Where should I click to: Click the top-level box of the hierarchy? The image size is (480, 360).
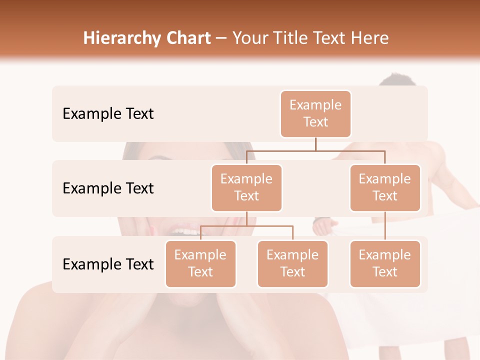click(x=315, y=113)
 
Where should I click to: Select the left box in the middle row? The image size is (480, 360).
click(x=246, y=187)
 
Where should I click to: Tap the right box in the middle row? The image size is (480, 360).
click(x=385, y=187)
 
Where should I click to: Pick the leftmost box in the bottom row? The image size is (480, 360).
click(x=200, y=263)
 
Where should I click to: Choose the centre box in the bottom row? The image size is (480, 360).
click(x=292, y=263)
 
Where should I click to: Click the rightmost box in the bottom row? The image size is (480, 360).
click(x=385, y=263)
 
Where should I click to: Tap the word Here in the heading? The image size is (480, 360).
click(x=371, y=38)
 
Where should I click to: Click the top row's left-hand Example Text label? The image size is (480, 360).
click(x=108, y=113)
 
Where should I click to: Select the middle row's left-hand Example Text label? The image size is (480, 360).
click(x=108, y=188)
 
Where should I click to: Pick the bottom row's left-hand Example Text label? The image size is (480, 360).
click(x=108, y=264)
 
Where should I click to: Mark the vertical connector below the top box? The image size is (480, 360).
click(x=315, y=144)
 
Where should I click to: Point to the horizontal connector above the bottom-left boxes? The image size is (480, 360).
click(x=246, y=226)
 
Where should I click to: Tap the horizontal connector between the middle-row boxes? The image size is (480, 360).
click(x=315, y=150)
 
